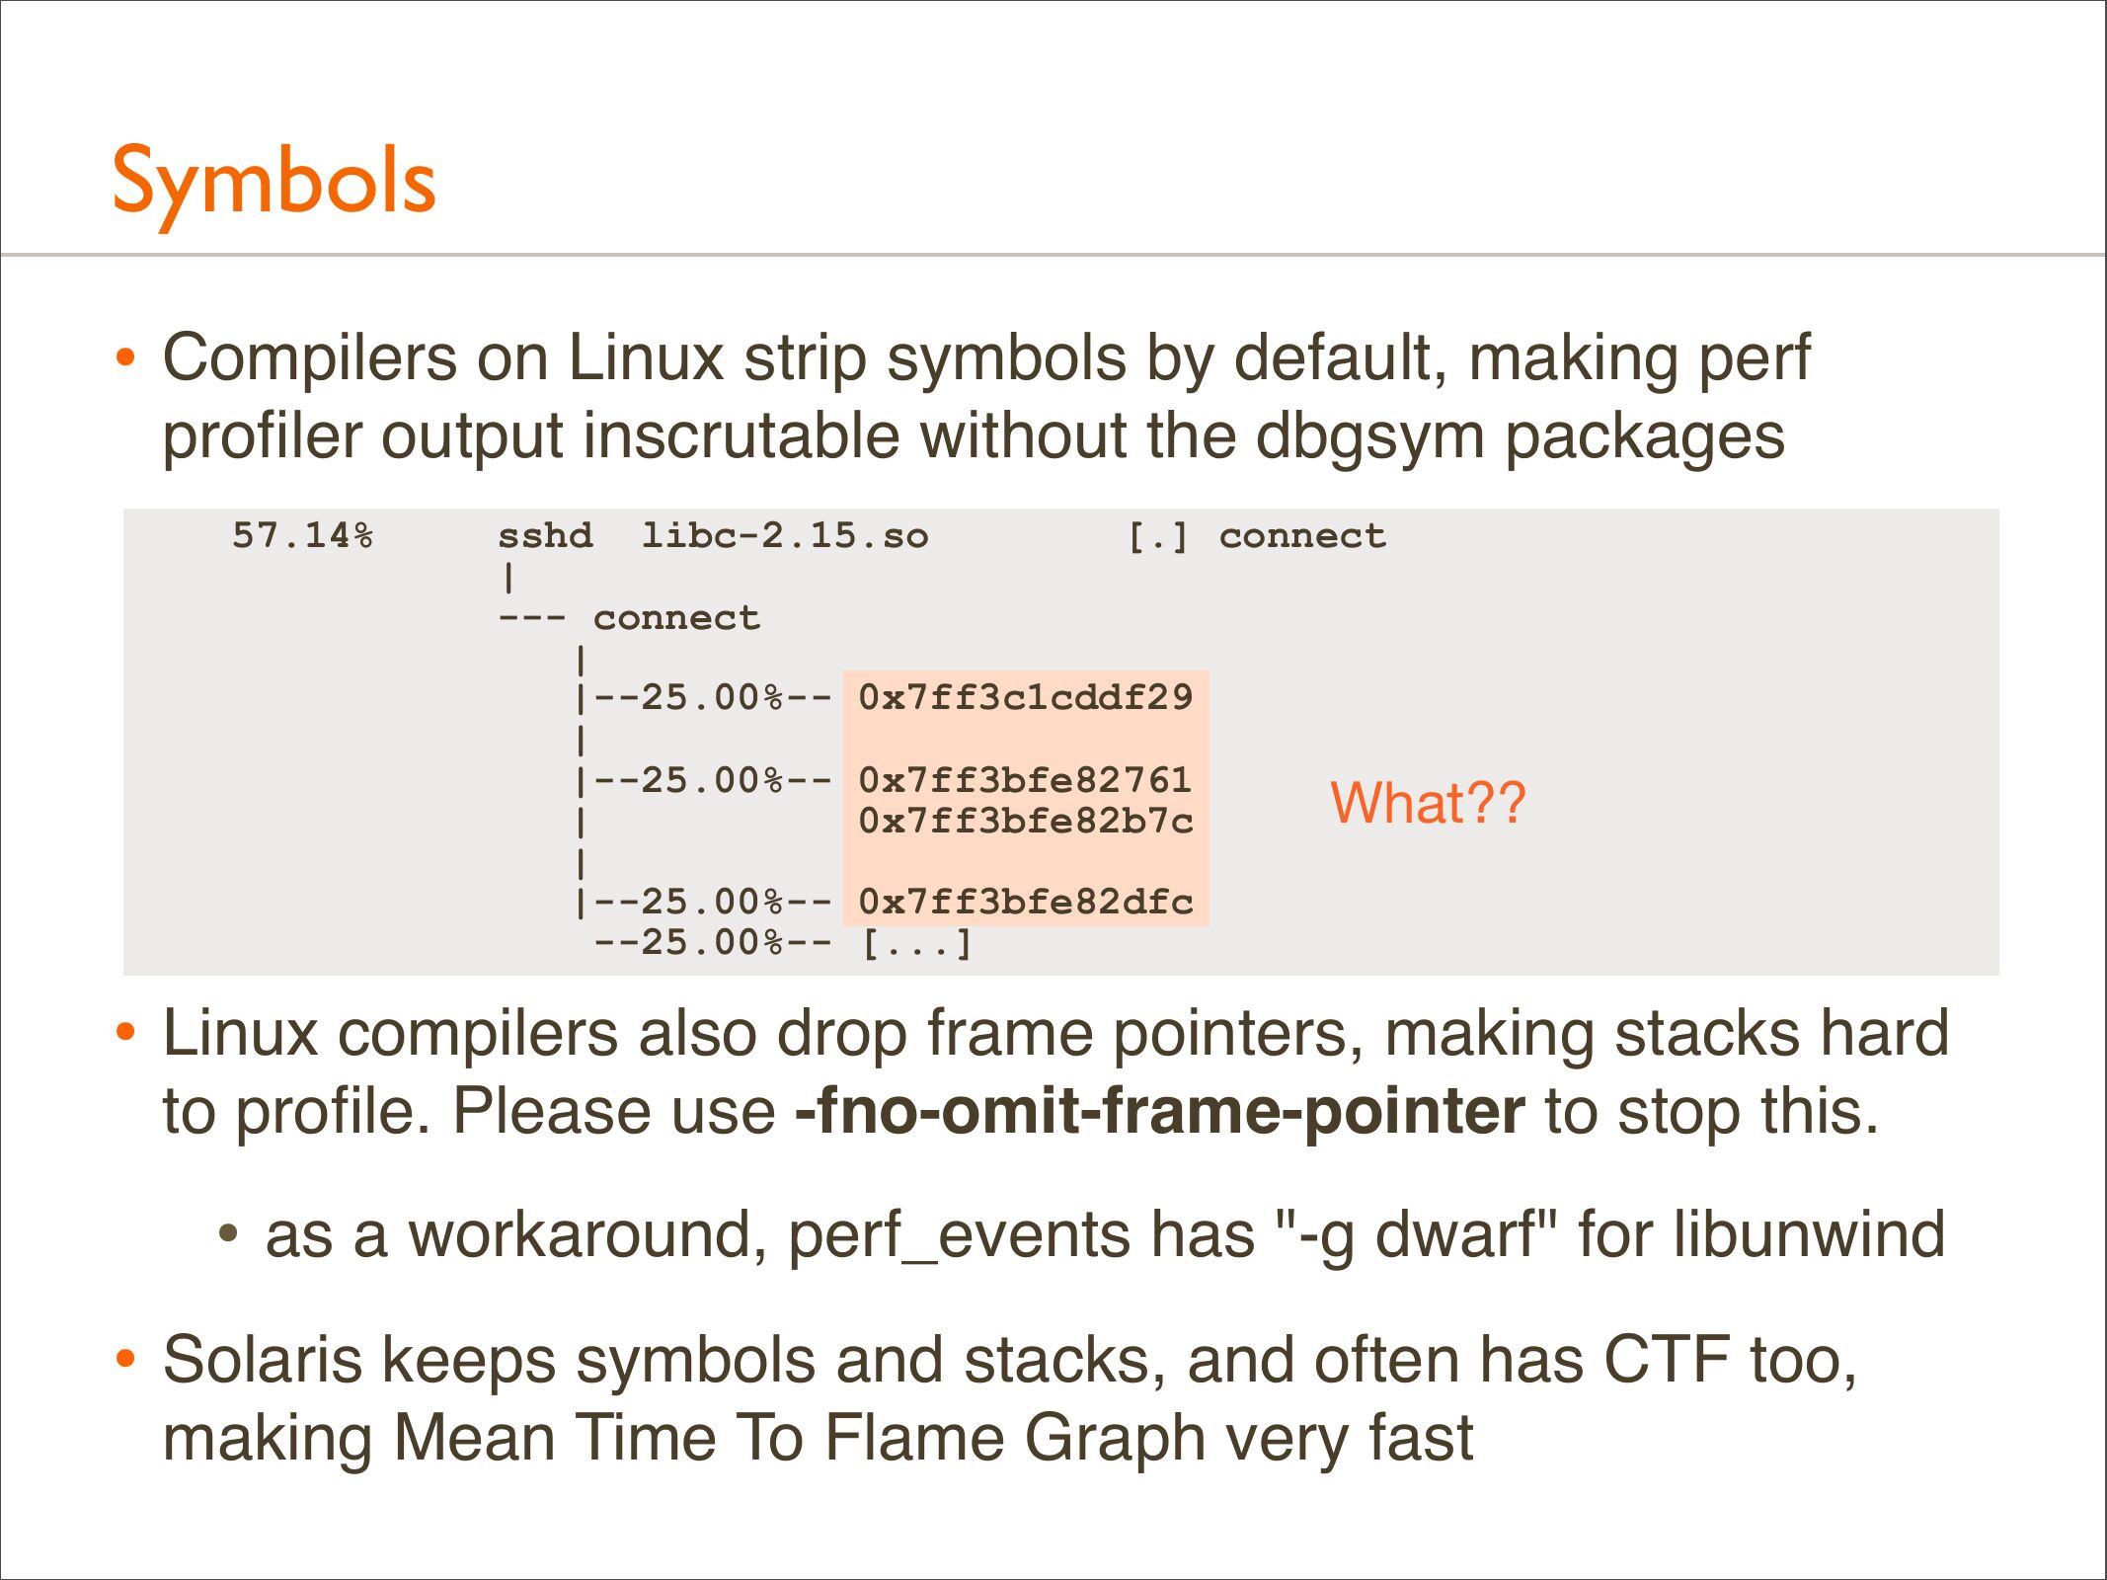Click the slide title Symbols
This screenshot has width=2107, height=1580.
coord(273,183)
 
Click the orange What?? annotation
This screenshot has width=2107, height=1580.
coord(1428,802)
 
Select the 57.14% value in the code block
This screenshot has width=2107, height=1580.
coord(303,535)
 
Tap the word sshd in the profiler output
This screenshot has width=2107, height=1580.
coord(545,535)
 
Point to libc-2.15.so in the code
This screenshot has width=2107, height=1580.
coord(785,535)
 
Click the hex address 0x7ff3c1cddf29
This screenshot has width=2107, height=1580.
coord(1026,697)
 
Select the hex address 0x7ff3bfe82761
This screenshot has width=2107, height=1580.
coord(1026,780)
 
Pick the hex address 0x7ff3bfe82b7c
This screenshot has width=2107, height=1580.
coord(1026,821)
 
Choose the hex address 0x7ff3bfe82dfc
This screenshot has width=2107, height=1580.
coord(1026,902)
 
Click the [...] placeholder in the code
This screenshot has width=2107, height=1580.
coord(917,943)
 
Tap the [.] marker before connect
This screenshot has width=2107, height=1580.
coord(1158,536)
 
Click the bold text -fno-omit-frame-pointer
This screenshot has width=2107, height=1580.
coord(1160,1111)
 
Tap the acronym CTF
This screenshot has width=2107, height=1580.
coord(1667,1360)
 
